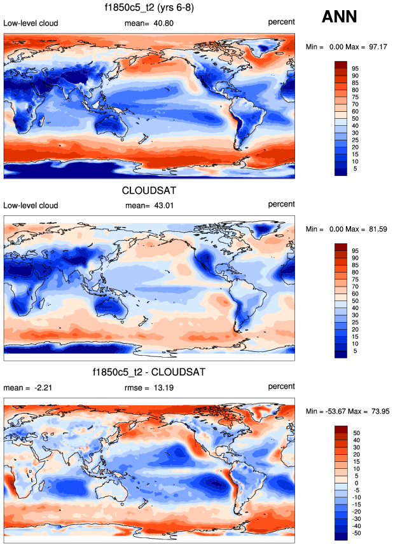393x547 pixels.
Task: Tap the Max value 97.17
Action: (378, 46)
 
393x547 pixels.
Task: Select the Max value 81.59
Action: (378, 228)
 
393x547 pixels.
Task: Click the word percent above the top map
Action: (281, 24)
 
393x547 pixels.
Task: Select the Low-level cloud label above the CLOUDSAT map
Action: (31, 205)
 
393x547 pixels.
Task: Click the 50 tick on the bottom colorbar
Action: (355, 433)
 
